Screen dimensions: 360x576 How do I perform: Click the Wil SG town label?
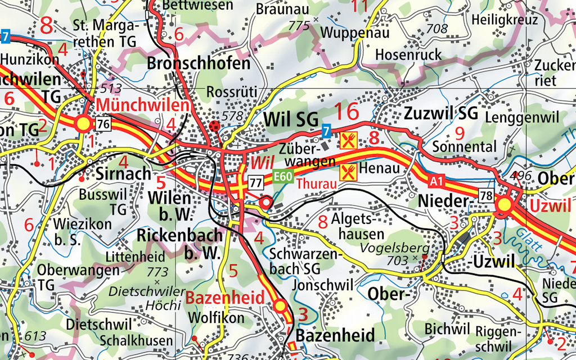pos(291,119)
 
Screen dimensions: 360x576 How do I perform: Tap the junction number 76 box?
pos(102,124)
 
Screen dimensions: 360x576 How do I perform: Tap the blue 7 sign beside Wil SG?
pos(326,132)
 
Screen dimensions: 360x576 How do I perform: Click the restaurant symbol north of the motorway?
pos(349,139)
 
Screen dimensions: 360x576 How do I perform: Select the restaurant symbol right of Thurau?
pos(349,170)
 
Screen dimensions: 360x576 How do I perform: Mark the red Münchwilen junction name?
pos(142,105)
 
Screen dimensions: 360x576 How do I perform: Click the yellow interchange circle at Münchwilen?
pos(84,123)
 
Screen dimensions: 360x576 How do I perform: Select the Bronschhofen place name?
pos(199,63)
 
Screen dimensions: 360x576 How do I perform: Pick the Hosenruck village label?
pos(408,55)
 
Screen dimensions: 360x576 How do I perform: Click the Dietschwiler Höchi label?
pos(147,299)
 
